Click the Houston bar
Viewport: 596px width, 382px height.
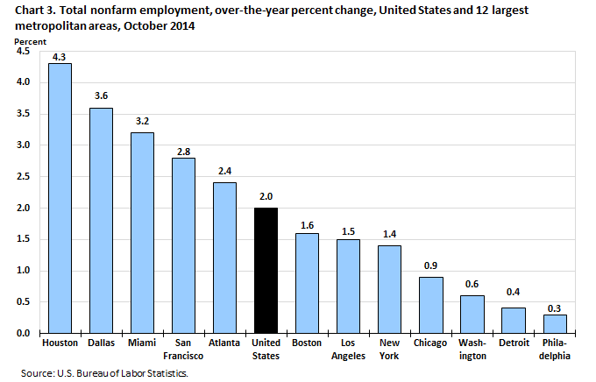pos(60,198)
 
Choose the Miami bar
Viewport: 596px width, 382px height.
pos(142,232)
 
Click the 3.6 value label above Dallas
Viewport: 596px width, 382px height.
pos(101,96)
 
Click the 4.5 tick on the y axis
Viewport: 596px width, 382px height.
pos(24,51)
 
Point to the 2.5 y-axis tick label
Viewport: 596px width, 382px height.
pos(24,176)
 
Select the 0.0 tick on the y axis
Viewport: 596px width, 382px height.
pos(24,333)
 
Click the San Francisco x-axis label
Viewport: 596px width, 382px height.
pos(183,350)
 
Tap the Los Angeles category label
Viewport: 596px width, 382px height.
pos(348,350)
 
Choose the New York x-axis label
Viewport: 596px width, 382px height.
pos(389,350)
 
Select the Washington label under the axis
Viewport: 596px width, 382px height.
pos(472,350)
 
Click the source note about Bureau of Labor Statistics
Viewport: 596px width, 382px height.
pos(105,373)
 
